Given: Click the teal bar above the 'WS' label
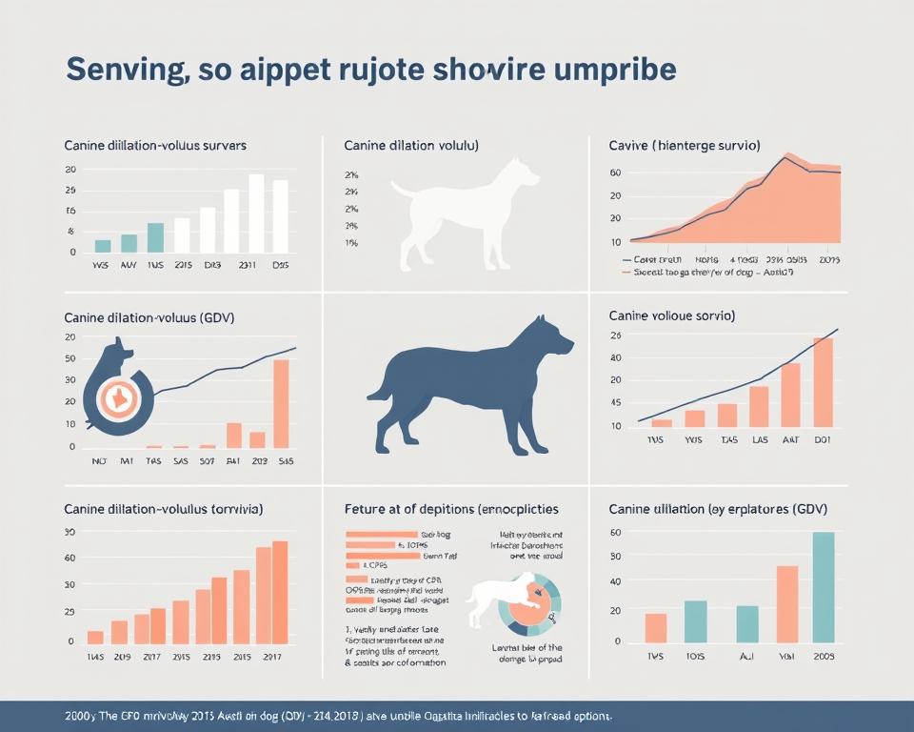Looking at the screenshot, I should tap(103, 246).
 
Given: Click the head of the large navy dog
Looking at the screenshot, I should tap(551, 338).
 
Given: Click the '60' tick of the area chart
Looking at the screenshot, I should tap(615, 173).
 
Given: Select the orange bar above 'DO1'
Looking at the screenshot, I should tap(823, 382).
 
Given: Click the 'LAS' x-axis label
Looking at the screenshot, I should tap(759, 441).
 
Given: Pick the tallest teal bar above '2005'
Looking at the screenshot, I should tap(823, 586).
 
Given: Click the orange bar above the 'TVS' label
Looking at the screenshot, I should tap(656, 627).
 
